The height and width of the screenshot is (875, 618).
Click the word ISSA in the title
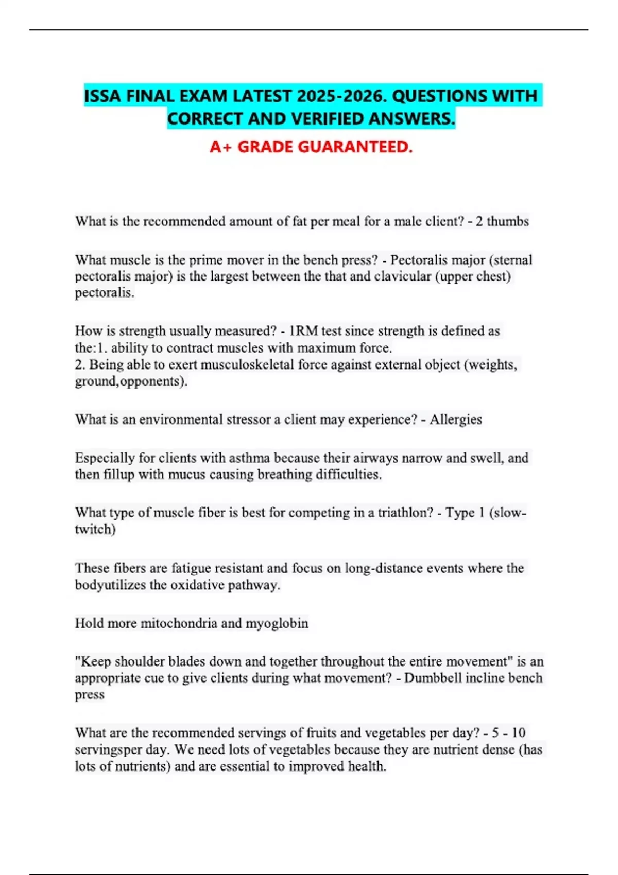pos(103,96)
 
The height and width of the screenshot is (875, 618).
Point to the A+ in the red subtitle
pos(221,147)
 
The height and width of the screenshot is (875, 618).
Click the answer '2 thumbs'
pos(502,221)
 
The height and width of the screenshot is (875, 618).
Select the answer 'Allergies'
pos(456,419)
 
